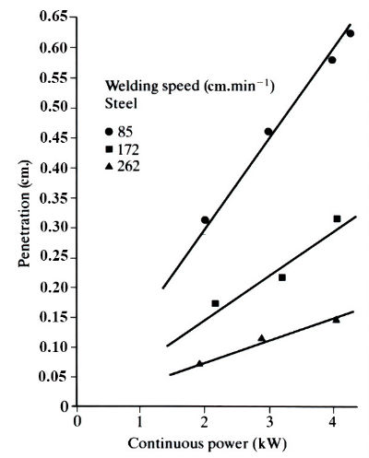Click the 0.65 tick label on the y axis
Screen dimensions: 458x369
click(54, 18)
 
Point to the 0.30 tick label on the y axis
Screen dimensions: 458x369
click(54, 228)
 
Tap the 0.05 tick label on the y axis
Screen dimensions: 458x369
click(54, 377)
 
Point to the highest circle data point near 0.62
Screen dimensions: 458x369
click(350, 33)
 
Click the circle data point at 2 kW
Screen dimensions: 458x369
click(205, 220)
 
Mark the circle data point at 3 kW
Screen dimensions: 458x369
click(268, 132)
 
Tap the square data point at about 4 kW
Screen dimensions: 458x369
click(337, 218)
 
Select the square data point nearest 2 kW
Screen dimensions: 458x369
click(215, 303)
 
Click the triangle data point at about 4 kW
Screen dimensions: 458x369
click(336, 320)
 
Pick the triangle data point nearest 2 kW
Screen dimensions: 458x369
click(199, 364)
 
